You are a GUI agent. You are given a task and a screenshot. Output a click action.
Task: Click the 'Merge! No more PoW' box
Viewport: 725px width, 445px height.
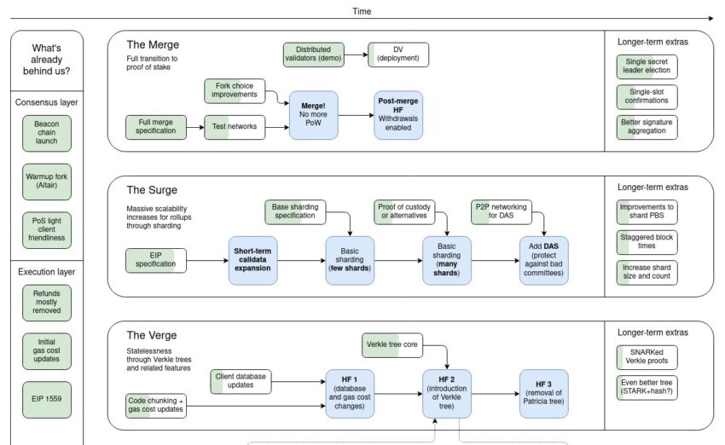(x=314, y=115)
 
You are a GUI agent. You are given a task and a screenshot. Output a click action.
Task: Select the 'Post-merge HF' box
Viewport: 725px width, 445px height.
(x=398, y=115)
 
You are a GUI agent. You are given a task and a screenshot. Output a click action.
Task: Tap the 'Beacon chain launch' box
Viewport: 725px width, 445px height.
(x=47, y=133)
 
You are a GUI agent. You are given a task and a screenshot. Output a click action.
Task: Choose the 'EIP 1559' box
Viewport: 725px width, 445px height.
(x=47, y=399)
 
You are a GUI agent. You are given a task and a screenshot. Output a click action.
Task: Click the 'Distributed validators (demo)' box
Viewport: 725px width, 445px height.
(x=314, y=55)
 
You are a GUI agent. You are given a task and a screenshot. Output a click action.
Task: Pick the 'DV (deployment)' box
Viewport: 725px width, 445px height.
(x=398, y=55)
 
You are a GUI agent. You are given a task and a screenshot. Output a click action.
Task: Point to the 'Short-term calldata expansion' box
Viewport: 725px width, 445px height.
(x=253, y=261)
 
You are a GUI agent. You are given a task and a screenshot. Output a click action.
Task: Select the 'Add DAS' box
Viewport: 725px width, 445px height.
(x=544, y=261)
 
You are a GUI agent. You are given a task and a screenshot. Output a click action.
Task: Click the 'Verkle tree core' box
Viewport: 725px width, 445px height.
(x=392, y=345)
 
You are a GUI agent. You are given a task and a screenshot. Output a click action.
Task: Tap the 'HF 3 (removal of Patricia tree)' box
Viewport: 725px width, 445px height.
(x=544, y=394)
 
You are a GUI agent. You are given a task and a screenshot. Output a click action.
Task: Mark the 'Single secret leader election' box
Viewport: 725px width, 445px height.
(x=647, y=66)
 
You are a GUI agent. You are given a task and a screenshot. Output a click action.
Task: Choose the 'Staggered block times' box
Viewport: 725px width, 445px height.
(x=647, y=242)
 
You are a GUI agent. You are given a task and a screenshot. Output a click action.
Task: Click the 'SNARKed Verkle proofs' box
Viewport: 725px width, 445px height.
(x=647, y=357)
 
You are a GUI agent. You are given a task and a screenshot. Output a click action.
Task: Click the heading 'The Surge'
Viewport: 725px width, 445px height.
(x=152, y=190)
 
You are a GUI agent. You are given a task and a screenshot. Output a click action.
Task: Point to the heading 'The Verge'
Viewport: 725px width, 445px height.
(x=152, y=336)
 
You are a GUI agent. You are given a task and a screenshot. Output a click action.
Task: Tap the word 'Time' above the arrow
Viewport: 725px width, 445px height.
(x=362, y=11)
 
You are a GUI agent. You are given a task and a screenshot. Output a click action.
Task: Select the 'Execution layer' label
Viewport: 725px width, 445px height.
(x=47, y=272)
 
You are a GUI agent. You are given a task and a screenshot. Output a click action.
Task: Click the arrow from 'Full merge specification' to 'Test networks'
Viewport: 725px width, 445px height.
(x=195, y=127)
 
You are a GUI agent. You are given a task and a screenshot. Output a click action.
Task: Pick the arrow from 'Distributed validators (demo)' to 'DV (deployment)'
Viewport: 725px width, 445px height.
(x=356, y=55)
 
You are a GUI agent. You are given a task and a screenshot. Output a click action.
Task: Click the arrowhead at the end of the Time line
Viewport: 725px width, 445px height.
(x=710, y=19)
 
